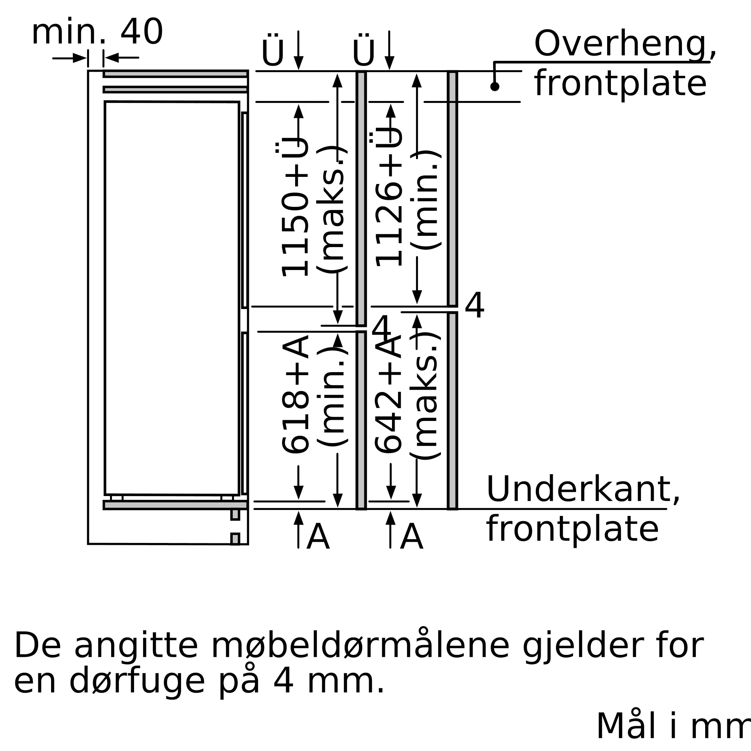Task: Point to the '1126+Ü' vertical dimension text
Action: click(x=389, y=197)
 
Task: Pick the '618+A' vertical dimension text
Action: click(x=296, y=395)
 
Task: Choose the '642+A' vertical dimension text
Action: click(x=389, y=395)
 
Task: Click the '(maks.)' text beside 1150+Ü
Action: click(x=331, y=210)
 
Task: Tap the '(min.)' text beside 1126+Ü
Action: click(x=425, y=200)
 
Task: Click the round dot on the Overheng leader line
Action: click(x=495, y=87)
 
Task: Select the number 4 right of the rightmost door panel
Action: click(x=475, y=305)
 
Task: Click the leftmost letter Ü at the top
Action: click(x=273, y=52)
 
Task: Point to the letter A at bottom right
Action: click(x=411, y=537)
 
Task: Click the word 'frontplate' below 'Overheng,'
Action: click(x=620, y=84)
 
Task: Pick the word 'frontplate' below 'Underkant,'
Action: click(x=573, y=529)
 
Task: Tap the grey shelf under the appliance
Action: click(x=175, y=505)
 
